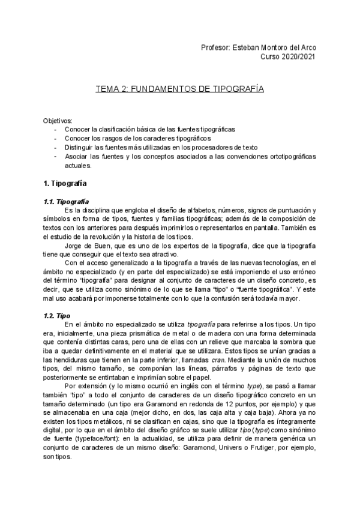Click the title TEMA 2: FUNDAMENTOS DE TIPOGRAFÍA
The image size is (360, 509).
180,89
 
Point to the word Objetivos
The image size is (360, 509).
58,121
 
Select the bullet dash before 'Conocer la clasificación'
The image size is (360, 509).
56,130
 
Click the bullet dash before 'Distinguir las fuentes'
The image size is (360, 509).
56,147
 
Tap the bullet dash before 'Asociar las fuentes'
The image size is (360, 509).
56,156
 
